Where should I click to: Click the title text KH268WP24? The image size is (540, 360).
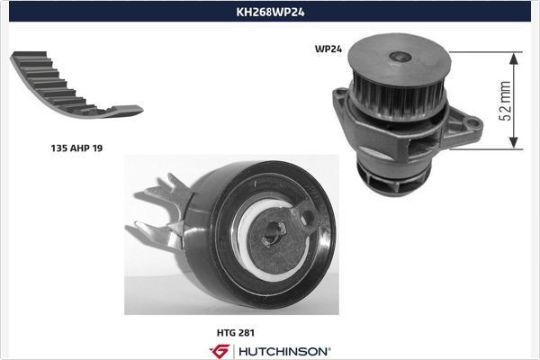tap(270, 13)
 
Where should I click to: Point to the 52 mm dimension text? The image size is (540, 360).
tap(506, 100)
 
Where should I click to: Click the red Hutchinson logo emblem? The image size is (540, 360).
tap(220, 350)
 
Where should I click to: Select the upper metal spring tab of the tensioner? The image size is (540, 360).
tap(162, 189)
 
